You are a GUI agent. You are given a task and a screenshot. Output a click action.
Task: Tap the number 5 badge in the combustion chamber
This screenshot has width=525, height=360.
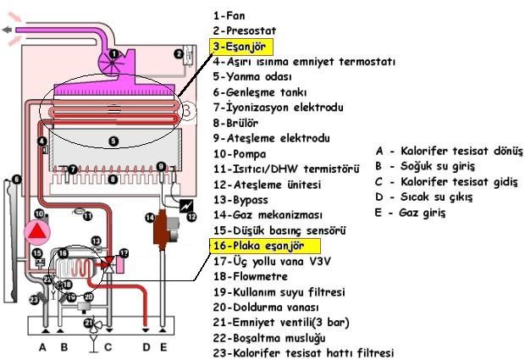pos(113,141)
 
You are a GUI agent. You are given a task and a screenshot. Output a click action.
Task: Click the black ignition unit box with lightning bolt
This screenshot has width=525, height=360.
pos(180,206)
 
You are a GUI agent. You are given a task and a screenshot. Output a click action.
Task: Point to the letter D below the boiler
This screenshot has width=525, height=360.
pos(148,346)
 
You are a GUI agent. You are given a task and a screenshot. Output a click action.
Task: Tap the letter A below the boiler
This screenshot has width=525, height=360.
pos(43,346)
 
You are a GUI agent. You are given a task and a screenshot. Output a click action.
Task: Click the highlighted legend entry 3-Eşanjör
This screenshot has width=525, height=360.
pos(241,46)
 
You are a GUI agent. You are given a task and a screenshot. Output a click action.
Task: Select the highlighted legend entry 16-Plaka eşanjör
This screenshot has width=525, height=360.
pos(263,246)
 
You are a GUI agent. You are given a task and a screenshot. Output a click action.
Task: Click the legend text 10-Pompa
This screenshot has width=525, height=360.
pos(240,153)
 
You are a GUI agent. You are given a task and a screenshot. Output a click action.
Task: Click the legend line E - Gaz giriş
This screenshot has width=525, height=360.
pos(410,213)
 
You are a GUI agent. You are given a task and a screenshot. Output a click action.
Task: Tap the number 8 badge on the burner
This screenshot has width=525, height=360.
pos(113,180)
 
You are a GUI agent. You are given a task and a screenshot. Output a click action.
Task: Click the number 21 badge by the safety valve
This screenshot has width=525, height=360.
pos(88,323)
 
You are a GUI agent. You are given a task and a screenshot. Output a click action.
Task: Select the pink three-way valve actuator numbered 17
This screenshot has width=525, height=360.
pos(123,254)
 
